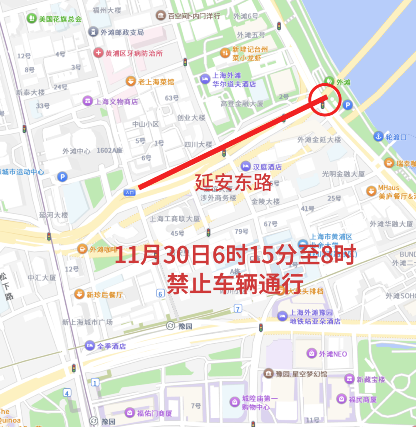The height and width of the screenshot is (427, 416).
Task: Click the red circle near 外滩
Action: (x=326, y=100)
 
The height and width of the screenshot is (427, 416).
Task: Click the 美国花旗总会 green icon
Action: (x=31, y=18)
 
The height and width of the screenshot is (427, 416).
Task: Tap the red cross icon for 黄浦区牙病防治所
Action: (x=98, y=53)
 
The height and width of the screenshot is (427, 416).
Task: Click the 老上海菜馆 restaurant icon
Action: (x=131, y=81)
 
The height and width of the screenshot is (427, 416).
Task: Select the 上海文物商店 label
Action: (x=116, y=101)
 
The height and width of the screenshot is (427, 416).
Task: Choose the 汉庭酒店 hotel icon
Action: (x=246, y=166)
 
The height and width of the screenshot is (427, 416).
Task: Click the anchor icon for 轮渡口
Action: (x=378, y=136)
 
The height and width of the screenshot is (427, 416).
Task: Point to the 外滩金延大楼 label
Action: (x=319, y=140)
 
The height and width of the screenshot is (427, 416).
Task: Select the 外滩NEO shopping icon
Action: (x=311, y=354)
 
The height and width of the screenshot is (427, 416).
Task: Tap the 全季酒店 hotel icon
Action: (x=89, y=346)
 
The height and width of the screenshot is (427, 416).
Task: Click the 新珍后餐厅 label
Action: (x=104, y=295)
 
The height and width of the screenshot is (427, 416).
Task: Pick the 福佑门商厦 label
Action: (x=154, y=413)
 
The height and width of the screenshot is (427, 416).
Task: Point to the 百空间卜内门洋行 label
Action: (x=194, y=16)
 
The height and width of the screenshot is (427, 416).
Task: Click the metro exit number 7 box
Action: (x=238, y=309)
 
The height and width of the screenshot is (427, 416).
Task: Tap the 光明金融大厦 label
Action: (x=344, y=174)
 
